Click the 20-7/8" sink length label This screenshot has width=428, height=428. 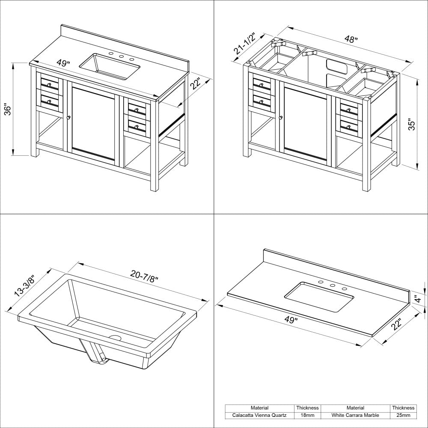tap(145, 276)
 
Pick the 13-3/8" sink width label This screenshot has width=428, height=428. tap(24, 285)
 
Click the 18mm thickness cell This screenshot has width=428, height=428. tap(307, 415)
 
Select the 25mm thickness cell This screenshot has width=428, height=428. tap(403, 415)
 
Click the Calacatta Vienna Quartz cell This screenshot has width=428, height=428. tap(260, 415)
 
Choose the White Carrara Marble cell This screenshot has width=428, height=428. tap(355, 415)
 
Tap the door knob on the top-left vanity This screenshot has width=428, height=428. tap(68, 117)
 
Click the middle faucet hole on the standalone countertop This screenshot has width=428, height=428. tap(332, 286)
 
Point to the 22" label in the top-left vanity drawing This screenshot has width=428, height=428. tap(196, 84)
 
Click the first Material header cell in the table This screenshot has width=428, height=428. tap(260, 408)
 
